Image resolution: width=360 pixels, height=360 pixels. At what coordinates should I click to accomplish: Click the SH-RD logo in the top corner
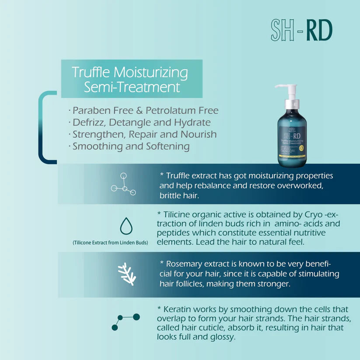tap(301, 31)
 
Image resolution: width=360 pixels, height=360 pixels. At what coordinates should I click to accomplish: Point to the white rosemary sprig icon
tap(126, 274)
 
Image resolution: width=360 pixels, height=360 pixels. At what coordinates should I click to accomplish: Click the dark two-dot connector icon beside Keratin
tap(126, 322)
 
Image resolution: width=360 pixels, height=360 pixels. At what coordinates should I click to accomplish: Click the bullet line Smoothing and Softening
tap(131, 146)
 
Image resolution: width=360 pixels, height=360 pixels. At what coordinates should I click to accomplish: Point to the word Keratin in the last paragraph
tap(177, 309)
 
